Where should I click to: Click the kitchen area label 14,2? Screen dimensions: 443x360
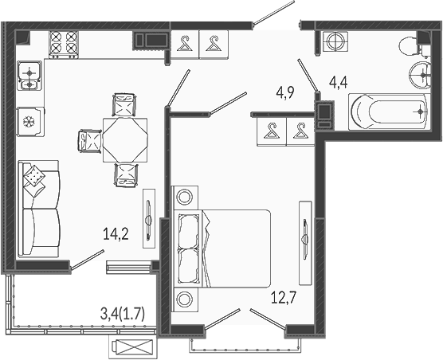pos(116,234)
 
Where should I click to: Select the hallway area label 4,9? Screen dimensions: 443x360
pos(285,92)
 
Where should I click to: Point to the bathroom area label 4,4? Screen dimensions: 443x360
pos(338,83)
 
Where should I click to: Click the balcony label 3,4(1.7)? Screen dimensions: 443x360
pos(123,314)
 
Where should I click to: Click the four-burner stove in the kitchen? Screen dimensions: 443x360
pos(64,45)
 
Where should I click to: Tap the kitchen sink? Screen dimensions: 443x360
pos(29,76)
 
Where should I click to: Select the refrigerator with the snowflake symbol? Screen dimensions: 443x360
pos(30,122)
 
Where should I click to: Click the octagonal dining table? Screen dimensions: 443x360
pos(125,140)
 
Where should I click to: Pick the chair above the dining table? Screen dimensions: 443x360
pos(124,105)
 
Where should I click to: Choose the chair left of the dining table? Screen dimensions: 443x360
pos(89,141)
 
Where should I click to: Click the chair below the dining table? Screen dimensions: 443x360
pos(127,175)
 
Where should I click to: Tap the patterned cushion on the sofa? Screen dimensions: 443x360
pos(34,176)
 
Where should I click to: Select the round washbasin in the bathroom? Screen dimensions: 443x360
pos(420,75)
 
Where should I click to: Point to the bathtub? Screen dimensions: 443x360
pos(390,112)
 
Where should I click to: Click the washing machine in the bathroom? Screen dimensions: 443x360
pos(335,41)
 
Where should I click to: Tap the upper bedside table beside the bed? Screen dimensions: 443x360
pos(185,197)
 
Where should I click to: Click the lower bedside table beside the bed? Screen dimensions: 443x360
pos(185,299)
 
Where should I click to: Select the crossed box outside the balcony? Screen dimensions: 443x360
pos(133,347)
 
